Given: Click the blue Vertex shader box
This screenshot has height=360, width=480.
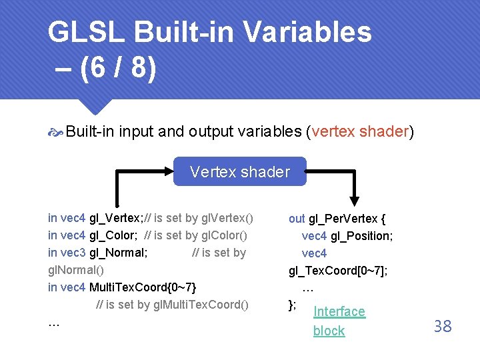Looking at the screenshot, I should [240, 171].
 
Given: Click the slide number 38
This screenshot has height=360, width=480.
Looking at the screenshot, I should [443, 326].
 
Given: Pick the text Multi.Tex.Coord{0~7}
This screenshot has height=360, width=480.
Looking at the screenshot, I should [143, 287].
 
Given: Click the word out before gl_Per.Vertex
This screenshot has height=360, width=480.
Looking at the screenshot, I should [297, 218].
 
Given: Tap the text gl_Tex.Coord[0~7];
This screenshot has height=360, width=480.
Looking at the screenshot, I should [338, 271].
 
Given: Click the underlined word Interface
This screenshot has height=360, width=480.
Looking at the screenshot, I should [339, 311].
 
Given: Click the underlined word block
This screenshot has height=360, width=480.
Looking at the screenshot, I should [329, 331].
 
